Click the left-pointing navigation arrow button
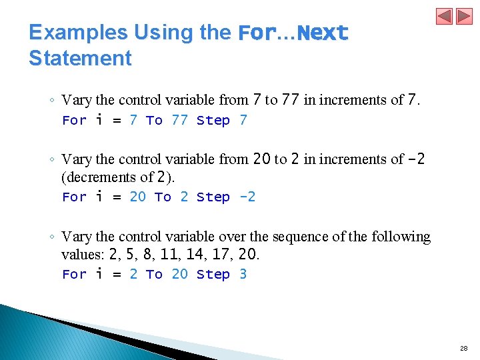pyautogui.click(x=445, y=16)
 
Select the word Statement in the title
pyautogui.click(x=80, y=58)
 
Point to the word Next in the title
pyautogui.click(x=323, y=33)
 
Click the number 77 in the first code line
pyautogui.click(x=179, y=120)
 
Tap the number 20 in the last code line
pyautogui.click(x=179, y=274)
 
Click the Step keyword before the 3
pyautogui.click(x=213, y=274)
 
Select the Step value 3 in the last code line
pyautogui.click(x=243, y=274)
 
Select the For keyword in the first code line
pyautogui.click(x=74, y=120)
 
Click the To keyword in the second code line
pyautogui.click(x=163, y=197)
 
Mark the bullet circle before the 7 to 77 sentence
pyautogui.click(x=51, y=101)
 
